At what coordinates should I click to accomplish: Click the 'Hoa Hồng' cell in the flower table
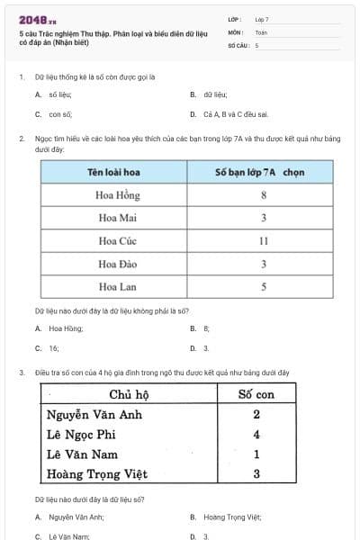[112, 193]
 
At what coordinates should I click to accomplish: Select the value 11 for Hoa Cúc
[264, 240]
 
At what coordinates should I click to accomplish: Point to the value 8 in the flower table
[264, 193]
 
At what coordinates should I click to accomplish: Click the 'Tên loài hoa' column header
[112, 171]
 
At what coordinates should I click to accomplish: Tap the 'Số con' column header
[256, 394]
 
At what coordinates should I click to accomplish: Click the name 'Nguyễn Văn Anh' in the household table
[94, 415]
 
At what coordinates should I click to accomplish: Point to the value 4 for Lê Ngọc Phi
[256, 435]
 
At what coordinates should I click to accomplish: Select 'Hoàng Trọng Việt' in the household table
[97, 473]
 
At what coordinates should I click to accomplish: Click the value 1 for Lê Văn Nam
[256, 454]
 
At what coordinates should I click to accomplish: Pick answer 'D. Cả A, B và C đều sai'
[229, 114]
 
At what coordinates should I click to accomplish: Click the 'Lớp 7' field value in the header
[262, 19]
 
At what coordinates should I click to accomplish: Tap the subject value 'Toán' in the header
[261, 31]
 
